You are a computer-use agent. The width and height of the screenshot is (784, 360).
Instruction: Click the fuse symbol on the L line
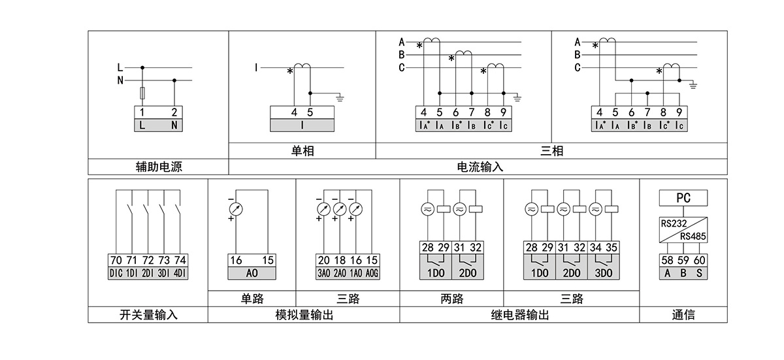(x=142, y=92)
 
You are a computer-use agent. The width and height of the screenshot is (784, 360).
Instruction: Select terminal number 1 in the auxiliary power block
(x=142, y=112)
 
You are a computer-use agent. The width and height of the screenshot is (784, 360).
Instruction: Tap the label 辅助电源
(x=158, y=167)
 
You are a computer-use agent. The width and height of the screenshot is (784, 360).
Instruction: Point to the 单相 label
(x=302, y=151)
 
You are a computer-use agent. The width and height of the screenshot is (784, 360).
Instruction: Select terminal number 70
(x=116, y=260)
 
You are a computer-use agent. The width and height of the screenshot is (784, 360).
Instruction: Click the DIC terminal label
(x=116, y=273)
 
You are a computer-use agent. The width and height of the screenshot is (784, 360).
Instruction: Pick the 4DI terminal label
(x=180, y=273)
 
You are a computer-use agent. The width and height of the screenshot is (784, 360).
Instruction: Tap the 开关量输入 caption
(x=148, y=315)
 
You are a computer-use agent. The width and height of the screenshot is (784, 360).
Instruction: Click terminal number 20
(x=323, y=260)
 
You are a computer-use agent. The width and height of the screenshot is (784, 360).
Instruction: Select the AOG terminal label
(x=372, y=273)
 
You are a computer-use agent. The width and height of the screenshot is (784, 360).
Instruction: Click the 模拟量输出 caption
(x=304, y=315)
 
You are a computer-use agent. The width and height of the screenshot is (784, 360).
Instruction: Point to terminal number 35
(x=611, y=248)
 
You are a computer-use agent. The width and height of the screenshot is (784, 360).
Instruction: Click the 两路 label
(x=451, y=299)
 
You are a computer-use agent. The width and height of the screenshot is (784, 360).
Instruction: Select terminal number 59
(x=683, y=260)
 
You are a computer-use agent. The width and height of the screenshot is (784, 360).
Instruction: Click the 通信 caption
(x=683, y=315)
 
